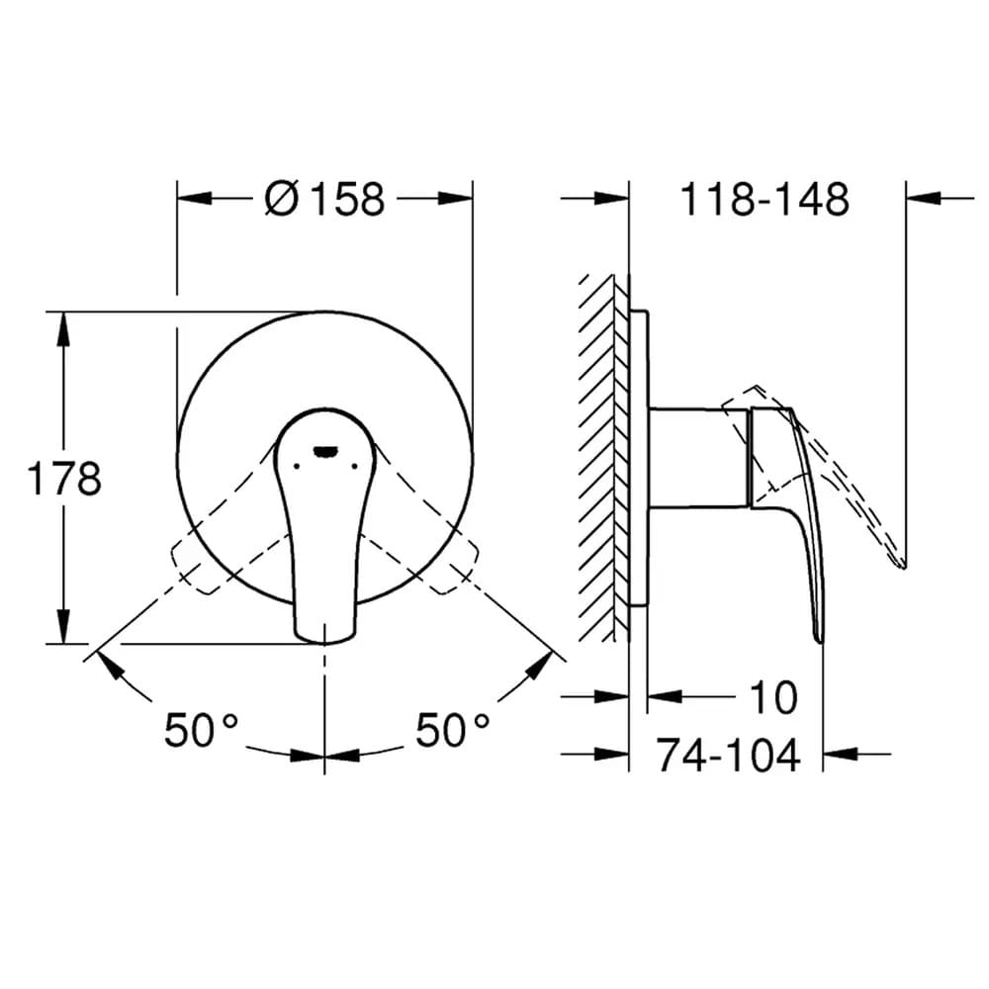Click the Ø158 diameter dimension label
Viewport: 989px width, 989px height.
324,200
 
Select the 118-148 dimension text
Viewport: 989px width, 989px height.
764,200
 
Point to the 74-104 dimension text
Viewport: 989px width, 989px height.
729,755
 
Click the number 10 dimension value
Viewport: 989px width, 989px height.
773,697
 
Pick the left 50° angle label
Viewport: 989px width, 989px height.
202,730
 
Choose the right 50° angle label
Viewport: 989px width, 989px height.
453,730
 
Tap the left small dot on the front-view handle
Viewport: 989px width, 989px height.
297,466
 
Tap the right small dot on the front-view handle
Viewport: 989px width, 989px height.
354,466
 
